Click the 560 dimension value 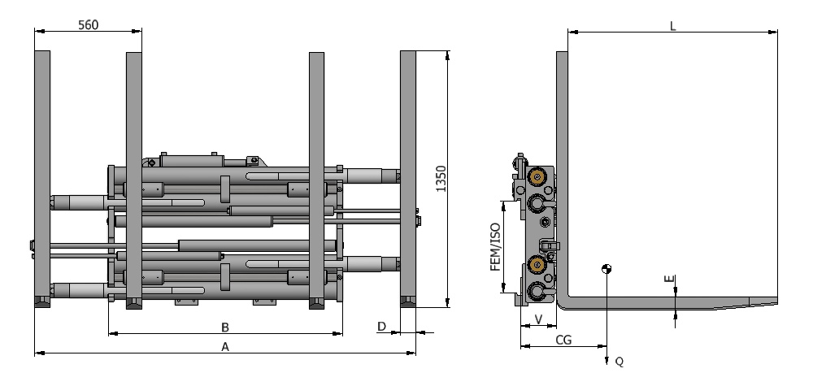pos(88,25)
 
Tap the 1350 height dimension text pos(441,179)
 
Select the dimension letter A pos(225,347)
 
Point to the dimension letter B pos(225,327)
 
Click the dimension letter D pos(381,327)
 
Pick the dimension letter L pos(673,27)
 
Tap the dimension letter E pos(670,279)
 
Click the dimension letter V pos(538,319)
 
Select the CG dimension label pos(563,340)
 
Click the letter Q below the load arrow pos(619,362)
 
